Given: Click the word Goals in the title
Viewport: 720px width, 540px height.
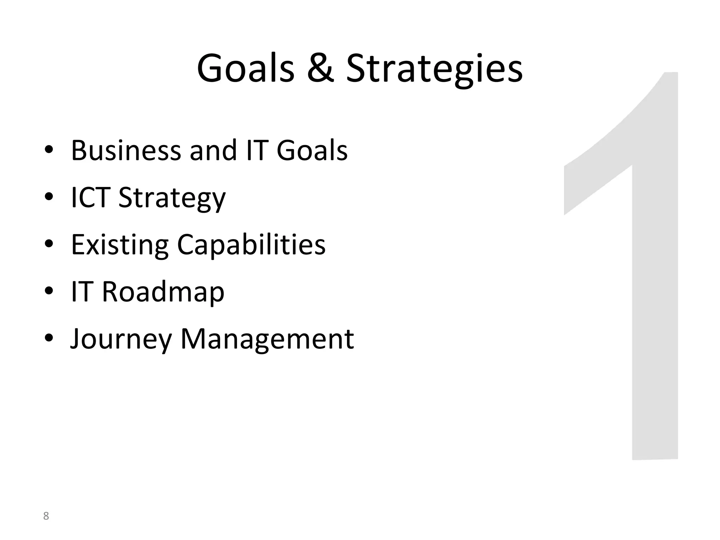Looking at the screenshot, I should coord(245,69).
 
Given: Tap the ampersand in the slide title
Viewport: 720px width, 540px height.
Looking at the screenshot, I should coord(320,69).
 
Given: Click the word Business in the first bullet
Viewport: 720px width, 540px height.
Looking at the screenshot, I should coord(126,150).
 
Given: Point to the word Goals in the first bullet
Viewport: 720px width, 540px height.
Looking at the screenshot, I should coord(312,150).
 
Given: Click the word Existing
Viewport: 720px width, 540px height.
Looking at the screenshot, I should coord(120,245).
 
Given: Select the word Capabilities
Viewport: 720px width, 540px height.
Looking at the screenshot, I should coord(251,245).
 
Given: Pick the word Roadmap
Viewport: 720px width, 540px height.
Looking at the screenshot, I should coord(163,292).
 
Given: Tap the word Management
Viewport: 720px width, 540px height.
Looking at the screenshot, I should coord(267,339).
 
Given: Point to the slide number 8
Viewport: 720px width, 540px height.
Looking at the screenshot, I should coord(46,516).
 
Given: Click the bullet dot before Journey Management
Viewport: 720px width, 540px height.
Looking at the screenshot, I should coord(49,338).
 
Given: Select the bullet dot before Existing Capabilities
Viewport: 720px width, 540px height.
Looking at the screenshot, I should coord(49,244).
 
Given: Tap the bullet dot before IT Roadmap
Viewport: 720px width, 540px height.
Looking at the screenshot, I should coord(49,291).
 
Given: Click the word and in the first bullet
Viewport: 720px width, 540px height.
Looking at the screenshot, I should coord(213,150).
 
